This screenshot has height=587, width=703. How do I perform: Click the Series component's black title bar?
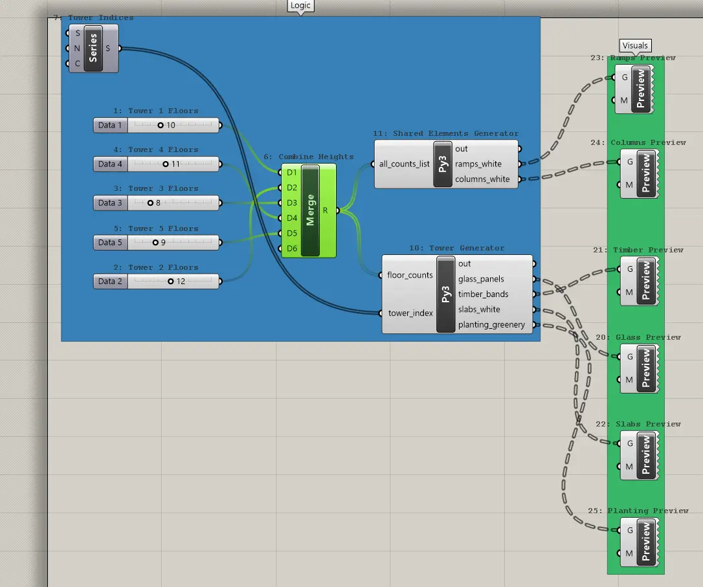coord(93,49)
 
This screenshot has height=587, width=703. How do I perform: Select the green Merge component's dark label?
coord(310,210)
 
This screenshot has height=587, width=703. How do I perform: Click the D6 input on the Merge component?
coord(292,249)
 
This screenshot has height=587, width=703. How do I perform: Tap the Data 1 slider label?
coord(110,126)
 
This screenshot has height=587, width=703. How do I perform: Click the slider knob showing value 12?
coord(171,282)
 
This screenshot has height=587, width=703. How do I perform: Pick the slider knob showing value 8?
coord(151,203)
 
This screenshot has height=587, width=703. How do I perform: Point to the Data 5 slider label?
coord(110,243)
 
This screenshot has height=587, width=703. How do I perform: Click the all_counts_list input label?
coord(405,164)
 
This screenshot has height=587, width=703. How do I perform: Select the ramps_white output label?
coord(478,164)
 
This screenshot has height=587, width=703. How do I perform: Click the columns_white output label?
coord(482,179)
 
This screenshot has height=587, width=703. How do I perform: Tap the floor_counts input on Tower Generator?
coord(410,275)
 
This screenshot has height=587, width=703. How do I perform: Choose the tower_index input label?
coord(410,313)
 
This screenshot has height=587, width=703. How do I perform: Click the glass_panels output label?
coord(481,279)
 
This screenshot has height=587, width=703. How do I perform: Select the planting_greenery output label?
coord(491,325)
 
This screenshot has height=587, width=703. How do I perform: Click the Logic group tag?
coord(300,5)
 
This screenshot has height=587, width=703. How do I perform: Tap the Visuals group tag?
coord(635,46)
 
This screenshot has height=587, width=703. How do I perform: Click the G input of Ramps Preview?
coord(625,78)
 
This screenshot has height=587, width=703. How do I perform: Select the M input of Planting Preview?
coord(629,553)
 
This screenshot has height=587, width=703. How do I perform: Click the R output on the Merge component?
coord(326,210)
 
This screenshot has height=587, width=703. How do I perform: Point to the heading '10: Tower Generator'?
coord(456,249)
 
